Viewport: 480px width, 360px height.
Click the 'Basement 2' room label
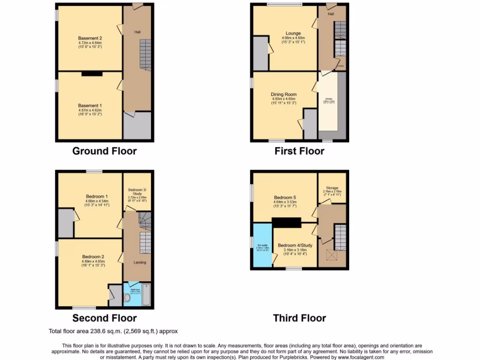(x=90, y=38)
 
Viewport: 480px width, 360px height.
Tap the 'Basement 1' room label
(x=90, y=106)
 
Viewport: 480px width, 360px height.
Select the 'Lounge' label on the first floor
(x=293, y=34)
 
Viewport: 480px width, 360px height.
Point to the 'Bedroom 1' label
(x=97, y=196)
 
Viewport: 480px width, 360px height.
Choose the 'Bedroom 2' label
(x=93, y=257)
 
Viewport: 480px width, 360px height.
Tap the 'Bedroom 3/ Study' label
(x=137, y=191)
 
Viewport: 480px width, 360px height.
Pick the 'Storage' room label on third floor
(x=332, y=188)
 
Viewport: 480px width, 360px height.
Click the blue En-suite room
(x=262, y=246)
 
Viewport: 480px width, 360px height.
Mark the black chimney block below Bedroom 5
(x=286, y=223)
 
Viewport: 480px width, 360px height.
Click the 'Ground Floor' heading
(x=104, y=151)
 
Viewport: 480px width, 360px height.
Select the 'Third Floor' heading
(x=299, y=318)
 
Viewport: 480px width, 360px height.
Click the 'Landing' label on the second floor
(x=140, y=262)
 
